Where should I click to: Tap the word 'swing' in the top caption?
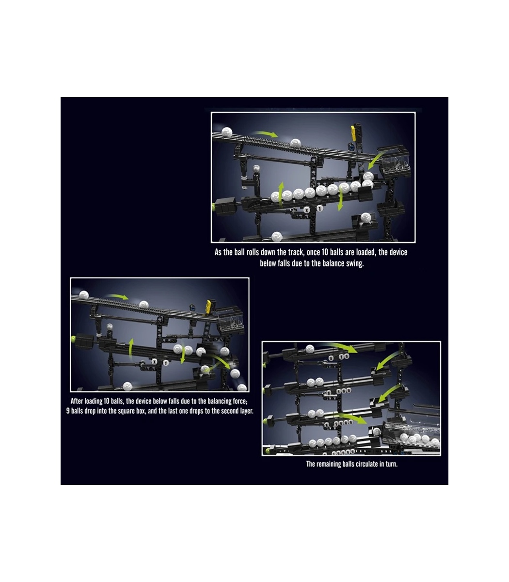[355, 263]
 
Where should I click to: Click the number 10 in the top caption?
[325, 252]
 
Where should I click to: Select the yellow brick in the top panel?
[354, 132]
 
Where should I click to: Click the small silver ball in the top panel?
[256, 168]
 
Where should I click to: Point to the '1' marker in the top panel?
[320, 209]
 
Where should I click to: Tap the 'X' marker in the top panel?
[306, 210]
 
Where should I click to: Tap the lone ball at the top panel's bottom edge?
[277, 237]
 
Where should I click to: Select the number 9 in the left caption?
[68, 411]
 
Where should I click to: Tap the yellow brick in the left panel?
[210, 306]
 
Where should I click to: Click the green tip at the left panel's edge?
[73, 339]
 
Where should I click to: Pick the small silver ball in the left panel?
[110, 327]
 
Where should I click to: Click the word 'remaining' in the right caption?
[329, 464]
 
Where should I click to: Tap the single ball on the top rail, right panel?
[310, 349]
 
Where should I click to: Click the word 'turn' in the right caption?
[392, 464]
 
